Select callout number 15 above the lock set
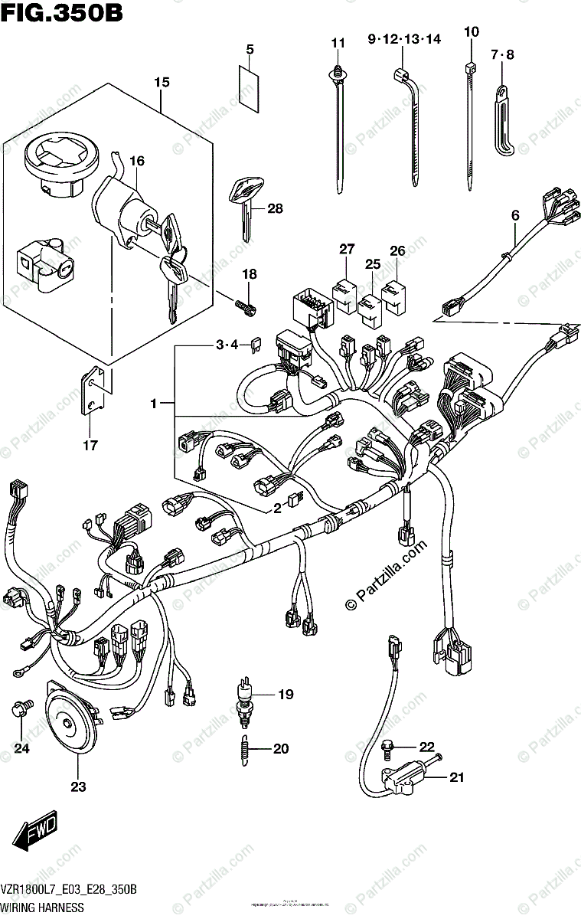161,82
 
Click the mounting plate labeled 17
93,392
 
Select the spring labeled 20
243,747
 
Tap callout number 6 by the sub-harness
515,217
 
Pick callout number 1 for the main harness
154,403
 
